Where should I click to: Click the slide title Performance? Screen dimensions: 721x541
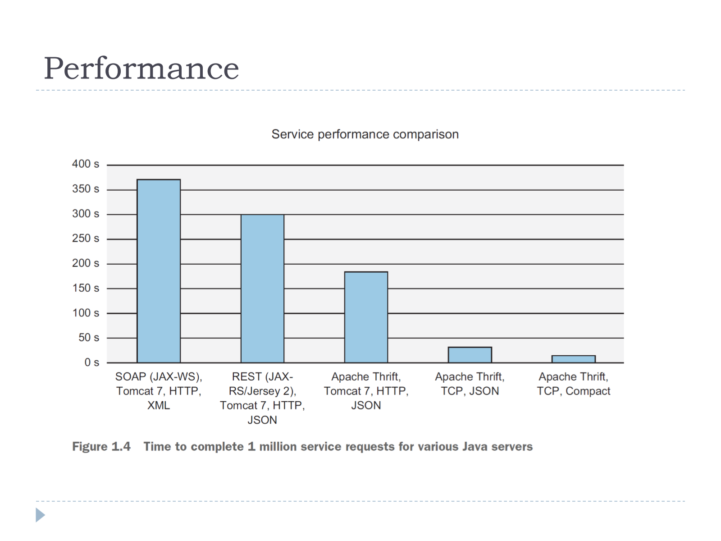[x=141, y=69]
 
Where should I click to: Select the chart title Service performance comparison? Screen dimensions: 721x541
[x=365, y=134]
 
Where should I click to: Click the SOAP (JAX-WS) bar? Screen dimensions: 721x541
[x=159, y=271]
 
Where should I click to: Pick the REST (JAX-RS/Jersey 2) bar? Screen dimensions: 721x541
[x=262, y=289]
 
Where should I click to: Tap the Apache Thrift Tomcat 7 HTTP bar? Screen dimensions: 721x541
[x=366, y=317]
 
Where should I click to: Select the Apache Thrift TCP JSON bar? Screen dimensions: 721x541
[x=470, y=355]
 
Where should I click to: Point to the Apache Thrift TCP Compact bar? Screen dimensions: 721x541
[x=574, y=359]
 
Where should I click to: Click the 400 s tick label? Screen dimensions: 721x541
[x=86, y=164]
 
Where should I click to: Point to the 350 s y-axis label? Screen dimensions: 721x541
[x=86, y=189]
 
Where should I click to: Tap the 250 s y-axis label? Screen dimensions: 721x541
[x=86, y=238]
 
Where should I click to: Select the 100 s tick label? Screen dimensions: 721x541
[x=86, y=313]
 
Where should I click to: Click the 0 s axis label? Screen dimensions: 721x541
[x=91, y=362]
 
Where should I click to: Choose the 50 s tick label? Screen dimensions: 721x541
[x=89, y=337]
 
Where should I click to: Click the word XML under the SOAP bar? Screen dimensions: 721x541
[x=159, y=405]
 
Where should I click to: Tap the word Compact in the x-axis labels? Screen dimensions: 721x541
[x=588, y=391]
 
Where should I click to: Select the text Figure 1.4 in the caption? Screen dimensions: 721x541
[x=101, y=446]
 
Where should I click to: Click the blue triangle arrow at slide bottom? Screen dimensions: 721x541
[x=40, y=515]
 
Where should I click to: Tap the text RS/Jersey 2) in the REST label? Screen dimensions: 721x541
[x=262, y=391]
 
